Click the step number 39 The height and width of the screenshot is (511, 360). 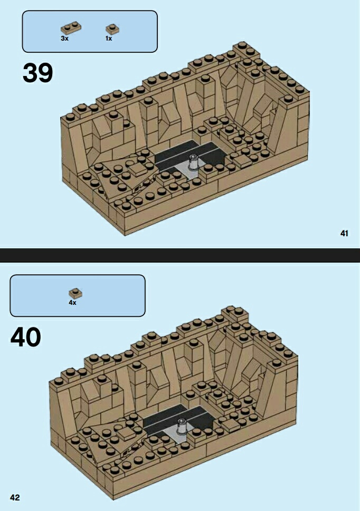(37, 72)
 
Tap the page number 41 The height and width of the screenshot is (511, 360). (345, 233)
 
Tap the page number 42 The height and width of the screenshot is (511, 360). (15, 497)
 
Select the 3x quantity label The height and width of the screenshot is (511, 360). (65, 38)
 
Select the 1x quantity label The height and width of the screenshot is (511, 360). (109, 38)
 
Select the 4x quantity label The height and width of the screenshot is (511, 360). (72, 303)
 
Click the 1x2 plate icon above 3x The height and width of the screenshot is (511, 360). (70, 28)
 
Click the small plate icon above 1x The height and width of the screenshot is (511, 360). (112, 28)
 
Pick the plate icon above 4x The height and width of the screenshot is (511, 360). (75, 293)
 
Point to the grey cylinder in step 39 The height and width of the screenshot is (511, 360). (194, 161)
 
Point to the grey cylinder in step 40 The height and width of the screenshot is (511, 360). (182, 425)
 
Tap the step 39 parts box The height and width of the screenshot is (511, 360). (90, 31)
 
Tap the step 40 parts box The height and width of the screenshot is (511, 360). (77, 295)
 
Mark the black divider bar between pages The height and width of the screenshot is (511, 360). (180, 255)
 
